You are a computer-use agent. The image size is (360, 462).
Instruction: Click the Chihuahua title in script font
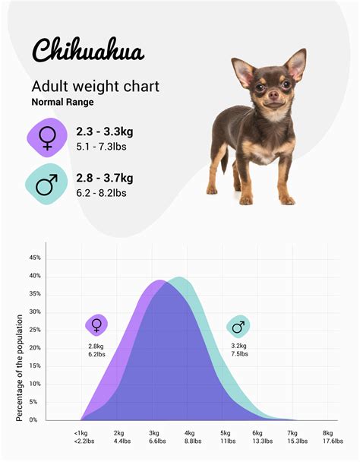pos(87,49)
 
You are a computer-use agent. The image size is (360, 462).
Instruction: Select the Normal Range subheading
pos(62,101)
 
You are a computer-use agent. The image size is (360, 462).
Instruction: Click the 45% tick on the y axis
pos(34,258)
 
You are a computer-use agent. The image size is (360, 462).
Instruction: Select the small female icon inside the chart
pos(96,325)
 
